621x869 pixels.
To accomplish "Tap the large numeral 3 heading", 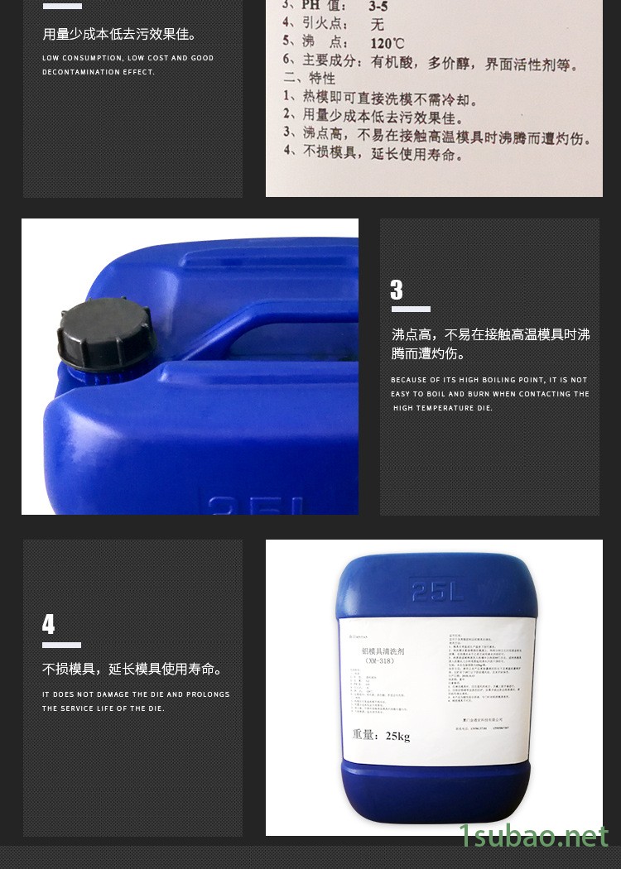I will click(397, 290).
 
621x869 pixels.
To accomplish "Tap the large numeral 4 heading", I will click(49, 624).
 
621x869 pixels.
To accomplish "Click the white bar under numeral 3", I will click(410, 310).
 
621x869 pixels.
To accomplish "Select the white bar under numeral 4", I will click(61, 645).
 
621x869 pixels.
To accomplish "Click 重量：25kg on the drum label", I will click(381, 735).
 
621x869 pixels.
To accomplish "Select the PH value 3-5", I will click(378, 6).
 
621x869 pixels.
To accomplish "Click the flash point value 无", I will click(378, 25).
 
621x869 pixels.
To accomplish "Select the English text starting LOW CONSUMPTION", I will click(128, 65).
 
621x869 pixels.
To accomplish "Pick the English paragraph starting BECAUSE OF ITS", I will click(489, 394).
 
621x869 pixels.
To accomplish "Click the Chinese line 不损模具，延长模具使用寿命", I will click(132, 670).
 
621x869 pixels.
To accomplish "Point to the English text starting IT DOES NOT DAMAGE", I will click(136, 701).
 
